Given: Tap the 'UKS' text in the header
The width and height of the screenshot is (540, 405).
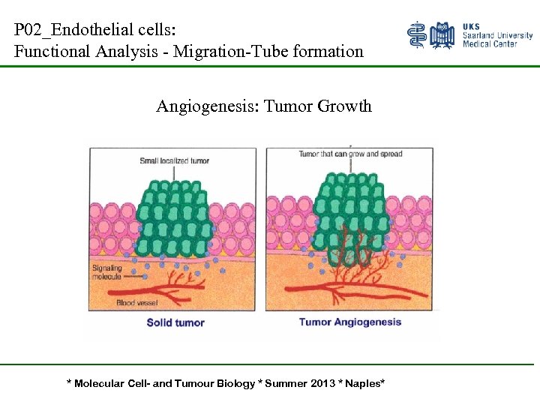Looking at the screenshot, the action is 472,25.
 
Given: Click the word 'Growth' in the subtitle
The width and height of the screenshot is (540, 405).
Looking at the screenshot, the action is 344,106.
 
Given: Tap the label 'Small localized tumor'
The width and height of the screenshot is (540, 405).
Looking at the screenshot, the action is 175,160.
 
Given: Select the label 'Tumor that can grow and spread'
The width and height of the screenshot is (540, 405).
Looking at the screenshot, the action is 350,154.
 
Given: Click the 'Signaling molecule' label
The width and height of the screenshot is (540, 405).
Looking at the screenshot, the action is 106,272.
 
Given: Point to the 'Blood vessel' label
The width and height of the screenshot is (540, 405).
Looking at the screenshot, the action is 137,303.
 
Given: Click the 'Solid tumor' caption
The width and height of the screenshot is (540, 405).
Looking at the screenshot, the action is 175,322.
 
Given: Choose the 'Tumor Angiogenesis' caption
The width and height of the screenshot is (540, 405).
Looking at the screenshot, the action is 350,322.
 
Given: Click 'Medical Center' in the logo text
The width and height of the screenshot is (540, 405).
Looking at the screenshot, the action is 490,44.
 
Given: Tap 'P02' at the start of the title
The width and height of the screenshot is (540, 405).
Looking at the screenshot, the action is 27,31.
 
